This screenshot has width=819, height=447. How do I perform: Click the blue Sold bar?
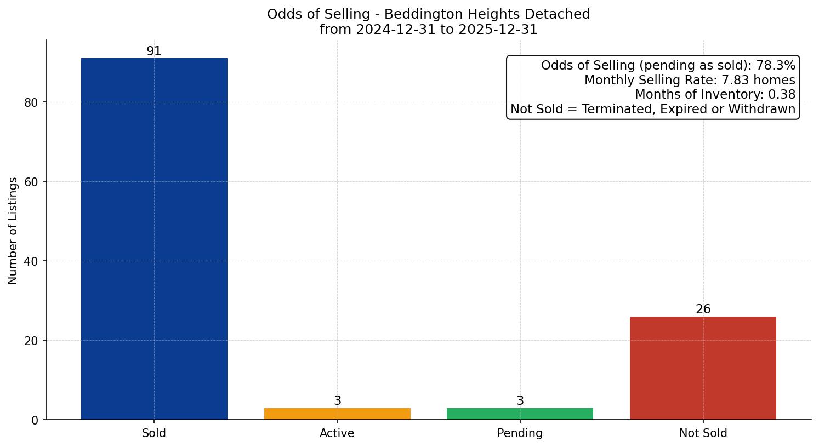(154, 238)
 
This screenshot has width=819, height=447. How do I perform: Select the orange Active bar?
(337, 414)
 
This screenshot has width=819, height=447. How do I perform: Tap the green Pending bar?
(520, 414)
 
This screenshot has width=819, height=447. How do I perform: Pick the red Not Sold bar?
(703, 368)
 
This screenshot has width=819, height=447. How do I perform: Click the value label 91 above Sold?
(154, 51)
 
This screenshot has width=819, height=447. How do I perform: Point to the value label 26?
(703, 310)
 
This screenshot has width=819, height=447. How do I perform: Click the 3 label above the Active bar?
(337, 401)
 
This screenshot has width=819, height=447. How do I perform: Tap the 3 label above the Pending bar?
(520, 401)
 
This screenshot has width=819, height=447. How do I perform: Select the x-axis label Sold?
(154, 433)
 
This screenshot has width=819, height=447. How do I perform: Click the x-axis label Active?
(337, 433)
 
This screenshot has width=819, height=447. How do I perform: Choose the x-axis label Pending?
(520, 433)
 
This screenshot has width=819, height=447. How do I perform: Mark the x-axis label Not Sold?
(703, 433)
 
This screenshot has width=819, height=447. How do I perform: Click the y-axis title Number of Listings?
(13, 230)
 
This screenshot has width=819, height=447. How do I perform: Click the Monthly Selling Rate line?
(689, 80)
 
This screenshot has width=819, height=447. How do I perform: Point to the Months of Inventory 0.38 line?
(714, 95)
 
